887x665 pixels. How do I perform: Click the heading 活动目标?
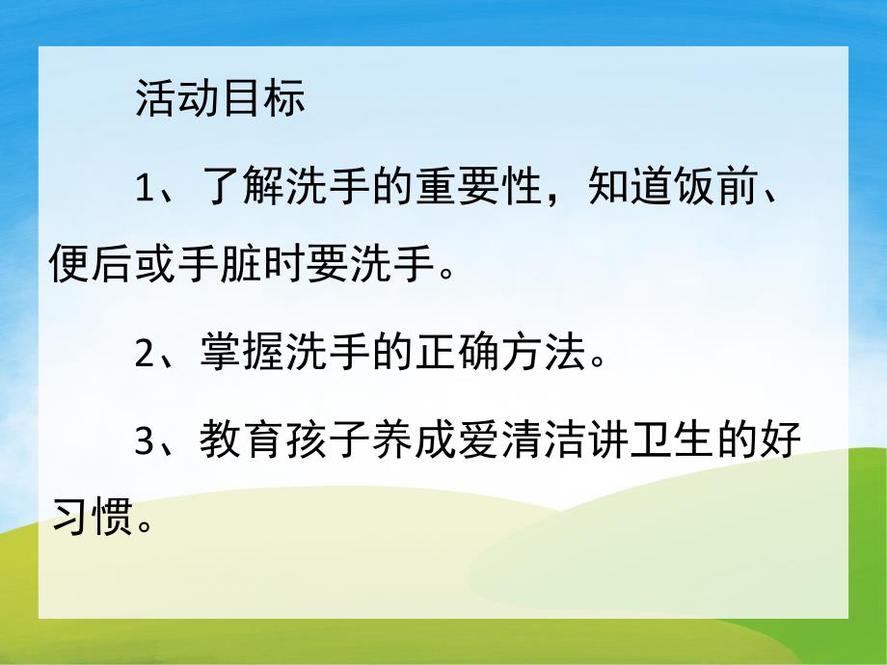tap(220, 100)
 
